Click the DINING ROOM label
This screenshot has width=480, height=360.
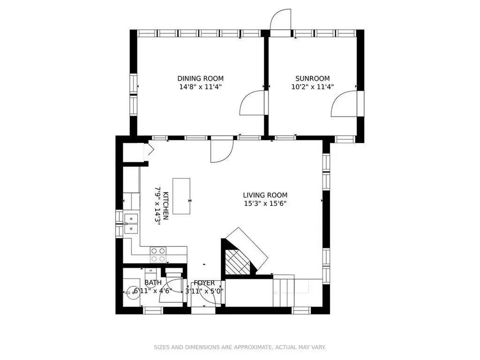pyautogui.click(x=201, y=78)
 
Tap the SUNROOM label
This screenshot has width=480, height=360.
pyautogui.click(x=313, y=78)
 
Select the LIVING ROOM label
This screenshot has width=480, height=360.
pyautogui.click(x=265, y=195)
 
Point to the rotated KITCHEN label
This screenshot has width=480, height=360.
pyautogui.click(x=165, y=206)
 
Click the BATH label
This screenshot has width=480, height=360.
pyautogui.click(x=153, y=282)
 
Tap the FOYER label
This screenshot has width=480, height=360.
pyautogui.click(x=204, y=283)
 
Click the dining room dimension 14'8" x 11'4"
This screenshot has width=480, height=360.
pyautogui.click(x=201, y=87)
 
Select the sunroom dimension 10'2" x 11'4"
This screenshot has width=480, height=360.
pyautogui.click(x=313, y=87)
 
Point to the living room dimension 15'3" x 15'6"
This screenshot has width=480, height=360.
pyautogui.click(x=265, y=203)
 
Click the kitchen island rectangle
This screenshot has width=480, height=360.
pyautogui.click(x=181, y=196)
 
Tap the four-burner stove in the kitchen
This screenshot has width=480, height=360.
pyautogui.click(x=158, y=255)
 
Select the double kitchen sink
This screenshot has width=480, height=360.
pyautogui.click(x=131, y=224)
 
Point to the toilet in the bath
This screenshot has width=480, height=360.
pyautogui.click(x=150, y=276)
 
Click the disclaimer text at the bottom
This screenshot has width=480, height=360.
pyautogui.click(x=240, y=347)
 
